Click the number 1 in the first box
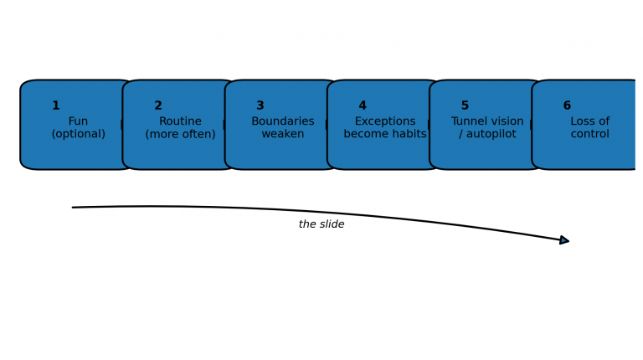point(56,106)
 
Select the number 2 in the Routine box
point(158,106)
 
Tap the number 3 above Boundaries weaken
point(260,106)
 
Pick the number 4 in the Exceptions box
point(363,106)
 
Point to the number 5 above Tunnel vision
point(465,106)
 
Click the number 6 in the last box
point(567,106)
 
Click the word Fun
point(78,121)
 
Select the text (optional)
point(78,134)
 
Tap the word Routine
point(180,121)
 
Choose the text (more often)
point(180,134)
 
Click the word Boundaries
point(283,121)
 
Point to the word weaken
point(283,134)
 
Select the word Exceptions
point(385,121)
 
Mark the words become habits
point(385,134)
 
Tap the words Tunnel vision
point(487,121)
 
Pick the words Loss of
point(589,121)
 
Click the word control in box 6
point(589,134)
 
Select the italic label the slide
point(321,224)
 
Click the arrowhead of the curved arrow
point(565,240)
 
